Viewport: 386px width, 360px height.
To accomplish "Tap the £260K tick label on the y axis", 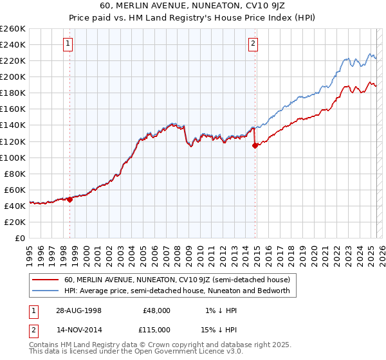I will click(12, 28).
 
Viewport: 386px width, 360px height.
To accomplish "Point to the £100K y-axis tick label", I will click(12, 157).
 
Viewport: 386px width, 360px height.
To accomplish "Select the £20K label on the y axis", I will click(15, 222).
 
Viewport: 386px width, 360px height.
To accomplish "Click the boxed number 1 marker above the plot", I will click(68, 44).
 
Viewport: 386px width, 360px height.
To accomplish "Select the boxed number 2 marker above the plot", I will click(253, 44).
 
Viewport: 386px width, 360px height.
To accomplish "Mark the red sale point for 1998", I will click(69, 199).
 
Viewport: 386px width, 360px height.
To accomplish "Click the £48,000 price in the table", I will click(157, 310).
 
